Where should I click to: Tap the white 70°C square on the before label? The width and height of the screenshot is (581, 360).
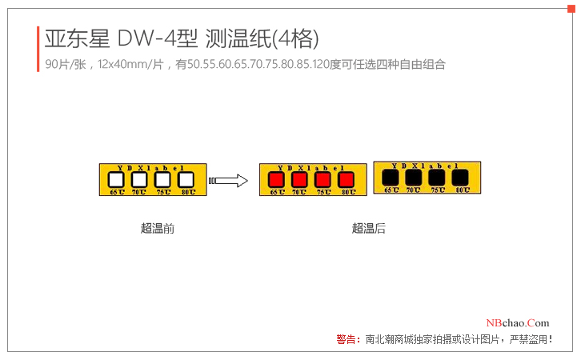[139, 180]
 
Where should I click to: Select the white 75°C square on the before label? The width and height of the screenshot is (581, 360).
[162, 180]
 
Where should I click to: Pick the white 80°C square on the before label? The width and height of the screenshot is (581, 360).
[186, 180]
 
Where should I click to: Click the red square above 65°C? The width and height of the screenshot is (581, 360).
[276, 180]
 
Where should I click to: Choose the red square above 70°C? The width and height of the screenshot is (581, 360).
[299, 180]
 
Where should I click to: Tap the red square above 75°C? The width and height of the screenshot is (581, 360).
[323, 180]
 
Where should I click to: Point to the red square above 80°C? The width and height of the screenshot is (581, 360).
[347, 180]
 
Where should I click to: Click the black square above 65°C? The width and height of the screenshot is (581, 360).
[391, 177]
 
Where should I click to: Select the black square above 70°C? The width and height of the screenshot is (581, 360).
[414, 177]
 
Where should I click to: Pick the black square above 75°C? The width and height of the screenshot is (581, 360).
[437, 177]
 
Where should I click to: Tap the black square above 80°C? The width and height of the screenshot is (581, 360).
[461, 177]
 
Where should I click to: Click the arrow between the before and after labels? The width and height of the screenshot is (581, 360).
[230, 181]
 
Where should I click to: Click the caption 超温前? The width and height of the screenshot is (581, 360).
[157, 229]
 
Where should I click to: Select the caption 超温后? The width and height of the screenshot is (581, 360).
[368, 229]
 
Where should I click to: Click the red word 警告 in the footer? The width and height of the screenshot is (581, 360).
[347, 340]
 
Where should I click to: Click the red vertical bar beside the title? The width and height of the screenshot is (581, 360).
[38, 49]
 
